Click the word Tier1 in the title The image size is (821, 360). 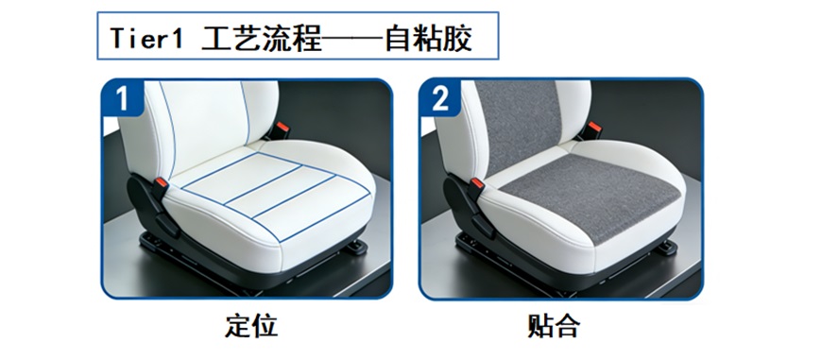[146, 38]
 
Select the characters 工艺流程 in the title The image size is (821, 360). [262, 38]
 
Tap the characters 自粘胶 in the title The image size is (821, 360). [428, 38]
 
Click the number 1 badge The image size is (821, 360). [122, 97]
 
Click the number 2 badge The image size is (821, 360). [440, 97]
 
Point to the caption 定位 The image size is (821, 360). [250, 327]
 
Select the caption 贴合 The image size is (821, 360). [554, 327]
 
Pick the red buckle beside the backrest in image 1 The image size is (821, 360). [282, 128]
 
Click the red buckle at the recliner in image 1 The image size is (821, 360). [161, 184]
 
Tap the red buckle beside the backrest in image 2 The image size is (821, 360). [594, 128]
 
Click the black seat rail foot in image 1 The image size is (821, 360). [357, 248]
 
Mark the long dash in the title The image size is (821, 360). [353, 38]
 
